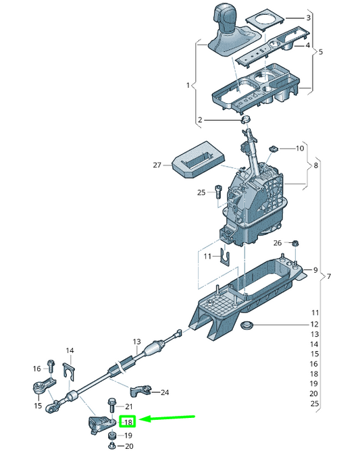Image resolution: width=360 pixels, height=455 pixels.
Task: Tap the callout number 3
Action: point(308,18)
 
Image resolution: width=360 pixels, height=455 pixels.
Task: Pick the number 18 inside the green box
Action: point(127,423)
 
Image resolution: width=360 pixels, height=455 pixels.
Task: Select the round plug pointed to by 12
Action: point(249,327)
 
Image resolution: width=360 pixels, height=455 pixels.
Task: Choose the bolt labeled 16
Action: point(51,366)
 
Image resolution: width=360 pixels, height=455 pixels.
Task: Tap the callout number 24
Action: point(165,392)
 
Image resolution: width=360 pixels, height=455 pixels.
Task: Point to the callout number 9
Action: point(314,270)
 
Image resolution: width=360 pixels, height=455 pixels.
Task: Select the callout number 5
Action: point(320,52)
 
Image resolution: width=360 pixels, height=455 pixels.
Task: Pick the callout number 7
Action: point(330,277)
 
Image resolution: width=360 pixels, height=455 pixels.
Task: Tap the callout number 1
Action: point(188,85)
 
